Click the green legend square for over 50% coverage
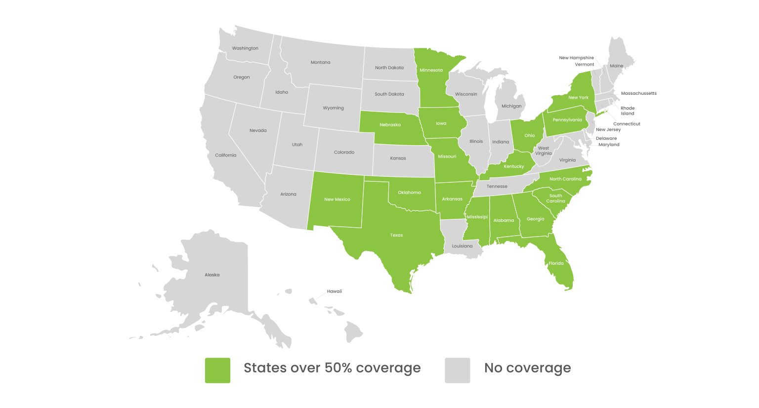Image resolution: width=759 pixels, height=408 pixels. [217, 370]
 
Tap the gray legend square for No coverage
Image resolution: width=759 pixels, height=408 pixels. [457, 370]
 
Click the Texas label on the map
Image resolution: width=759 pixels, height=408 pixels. [396, 235]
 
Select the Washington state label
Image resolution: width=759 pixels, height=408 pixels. [245, 48]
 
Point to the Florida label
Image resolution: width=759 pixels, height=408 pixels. [556, 263]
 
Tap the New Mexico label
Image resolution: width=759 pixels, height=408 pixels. [337, 200]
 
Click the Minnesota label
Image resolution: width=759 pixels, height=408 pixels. [431, 70]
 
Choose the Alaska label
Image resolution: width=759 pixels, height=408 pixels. [212, 275]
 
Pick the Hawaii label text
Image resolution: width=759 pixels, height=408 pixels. [335, 291]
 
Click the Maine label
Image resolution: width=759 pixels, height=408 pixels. [616, 66]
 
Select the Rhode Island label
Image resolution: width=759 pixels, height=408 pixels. [628, 111]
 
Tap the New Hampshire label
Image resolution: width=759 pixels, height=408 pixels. [576, 58]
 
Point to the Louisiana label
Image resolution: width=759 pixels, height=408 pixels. [462, 246]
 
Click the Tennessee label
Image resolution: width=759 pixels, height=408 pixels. [497, 187]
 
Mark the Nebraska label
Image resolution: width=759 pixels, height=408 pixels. [390, 125]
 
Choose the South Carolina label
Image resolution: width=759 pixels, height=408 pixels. [555, 199]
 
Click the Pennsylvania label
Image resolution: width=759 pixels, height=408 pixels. [567, 120]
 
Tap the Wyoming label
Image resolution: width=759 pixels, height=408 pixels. [333, 108]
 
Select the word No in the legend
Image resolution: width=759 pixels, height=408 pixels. [493, 368]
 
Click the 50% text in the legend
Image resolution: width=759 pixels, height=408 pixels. [338, 368]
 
